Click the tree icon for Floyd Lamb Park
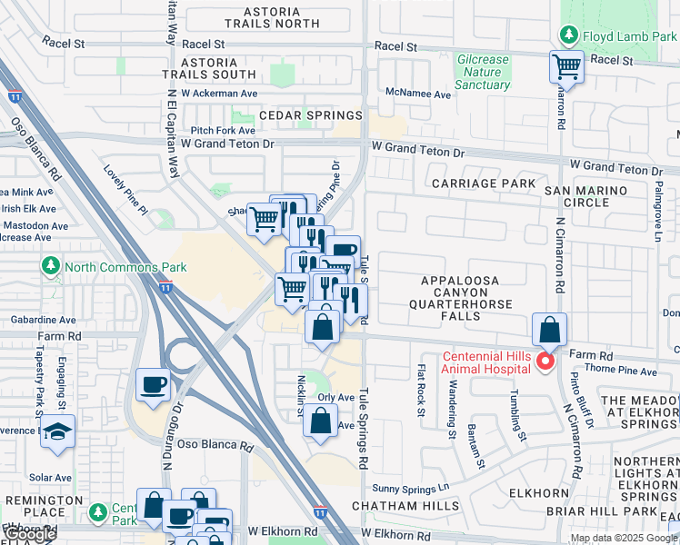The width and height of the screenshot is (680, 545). pyautogui.click(x=569, y=35)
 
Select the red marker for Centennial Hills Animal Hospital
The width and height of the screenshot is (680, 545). pyautogui.click(x=545, y=362)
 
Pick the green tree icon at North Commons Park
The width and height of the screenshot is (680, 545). pyautogui.click(x=47, y=267)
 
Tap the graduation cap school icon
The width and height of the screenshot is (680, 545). pyautogui.click(x=57, y=433)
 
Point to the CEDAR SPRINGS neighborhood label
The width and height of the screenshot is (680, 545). pyautogui.click(x=311, y=116)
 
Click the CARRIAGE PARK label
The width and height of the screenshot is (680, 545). pyautogui.click(x=484, y=183)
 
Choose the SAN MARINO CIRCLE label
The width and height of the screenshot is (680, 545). pyautogui.click(x=586, y=196)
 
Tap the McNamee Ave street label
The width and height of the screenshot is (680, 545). pyautogui.click(x=418, y=94)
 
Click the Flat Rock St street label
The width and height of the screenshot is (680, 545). pyautogui.click(x=420, y=391)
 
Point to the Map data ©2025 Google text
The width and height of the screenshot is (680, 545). pyautogui.click(x=624, y=538)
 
